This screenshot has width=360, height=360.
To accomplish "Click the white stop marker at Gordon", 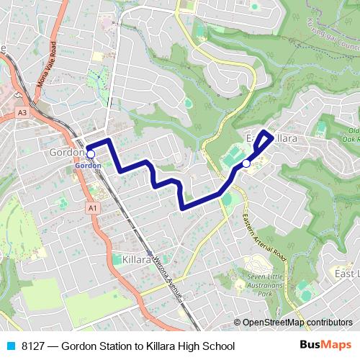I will [x=91, y=153].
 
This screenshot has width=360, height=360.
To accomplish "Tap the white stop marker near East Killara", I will [x=246, y=163].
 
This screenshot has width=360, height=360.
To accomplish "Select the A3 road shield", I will [x=23, y=113].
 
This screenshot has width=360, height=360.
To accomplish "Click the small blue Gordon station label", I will [x=87, y=166].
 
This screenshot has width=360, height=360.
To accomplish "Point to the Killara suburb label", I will [x=136, y=258].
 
